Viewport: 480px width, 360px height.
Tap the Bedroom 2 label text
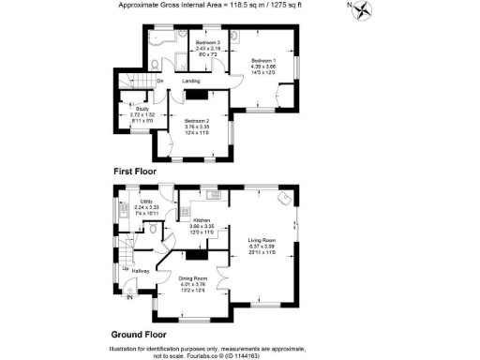195,121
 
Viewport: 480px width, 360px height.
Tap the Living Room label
262,240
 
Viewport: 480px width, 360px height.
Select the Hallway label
141,271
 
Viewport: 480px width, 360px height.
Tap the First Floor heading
133,172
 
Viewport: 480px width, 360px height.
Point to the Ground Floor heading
141,334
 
